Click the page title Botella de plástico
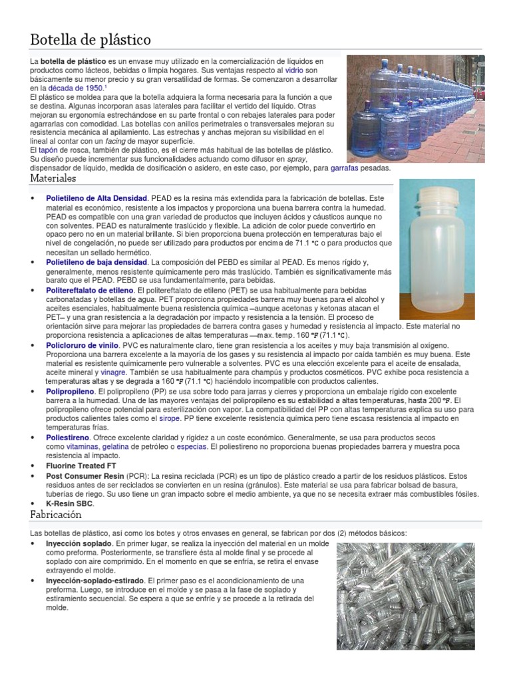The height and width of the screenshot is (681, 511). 90,40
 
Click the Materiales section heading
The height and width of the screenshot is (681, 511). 53,178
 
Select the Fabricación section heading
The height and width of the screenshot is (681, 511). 56,515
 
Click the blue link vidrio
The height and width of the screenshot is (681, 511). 295,70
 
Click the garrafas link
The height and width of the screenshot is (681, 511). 345,168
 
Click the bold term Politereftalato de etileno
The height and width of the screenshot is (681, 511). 89,291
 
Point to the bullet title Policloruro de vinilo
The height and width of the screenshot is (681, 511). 83,346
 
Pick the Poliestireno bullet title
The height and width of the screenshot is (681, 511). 69,438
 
